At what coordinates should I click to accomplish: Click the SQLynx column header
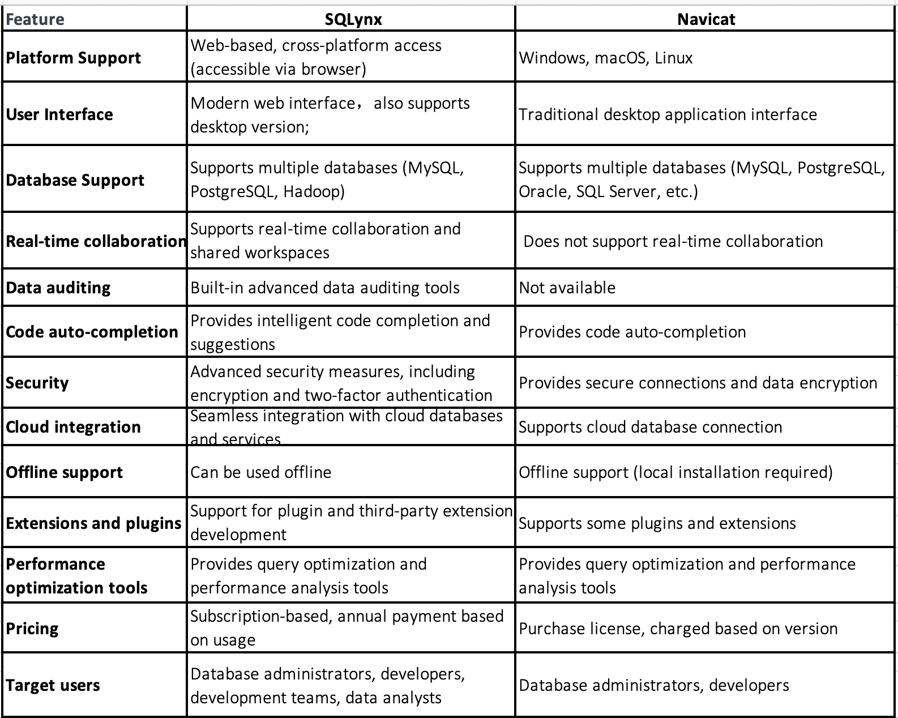(x=353, y=19)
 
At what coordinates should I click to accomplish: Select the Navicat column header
(x=706, y=19)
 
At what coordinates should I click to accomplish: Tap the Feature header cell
(x=35, y=19)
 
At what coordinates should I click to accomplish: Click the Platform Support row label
(x=74, y=58)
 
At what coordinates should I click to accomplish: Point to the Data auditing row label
(x=58, y=288)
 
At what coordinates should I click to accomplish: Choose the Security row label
(x=37, y=383)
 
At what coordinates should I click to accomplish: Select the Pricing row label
(x=32, y=629)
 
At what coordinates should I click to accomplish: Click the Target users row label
(x=53, y=685)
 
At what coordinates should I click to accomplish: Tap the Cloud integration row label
(x=74, y=427)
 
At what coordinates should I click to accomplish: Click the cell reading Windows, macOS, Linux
(x=606, y=58)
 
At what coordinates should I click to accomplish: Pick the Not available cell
(x=567, y=288)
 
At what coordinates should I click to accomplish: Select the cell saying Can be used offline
(x=261, y=472)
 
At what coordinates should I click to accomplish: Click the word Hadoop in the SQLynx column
(x=314, y=191)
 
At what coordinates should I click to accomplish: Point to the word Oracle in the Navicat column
(x=543, y=191)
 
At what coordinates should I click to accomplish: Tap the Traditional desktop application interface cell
(x=668, y=114)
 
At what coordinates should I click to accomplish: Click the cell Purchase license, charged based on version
(x=678, y=629)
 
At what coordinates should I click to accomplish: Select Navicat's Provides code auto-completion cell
(x=632, y=332)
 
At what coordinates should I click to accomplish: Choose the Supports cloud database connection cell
(x=651, y=427)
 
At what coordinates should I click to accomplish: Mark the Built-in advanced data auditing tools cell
(x=325, y=288)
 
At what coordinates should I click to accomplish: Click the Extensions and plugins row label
(x=94, y=523)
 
